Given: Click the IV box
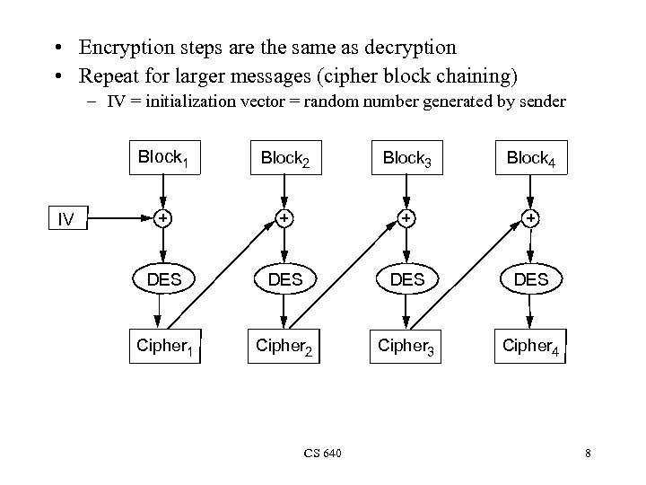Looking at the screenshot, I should [x=65, y=218].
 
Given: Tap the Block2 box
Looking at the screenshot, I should [x=284, y=158].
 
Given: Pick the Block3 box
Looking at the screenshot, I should [x=406, y=158].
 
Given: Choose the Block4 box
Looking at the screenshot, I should [x=530, y=158].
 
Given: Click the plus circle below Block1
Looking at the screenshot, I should [x=162, y=217].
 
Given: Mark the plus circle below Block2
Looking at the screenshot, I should [x=284, y=217].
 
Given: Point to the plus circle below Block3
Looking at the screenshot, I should [x=406, y=217].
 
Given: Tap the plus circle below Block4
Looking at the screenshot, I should [x=530, y=217].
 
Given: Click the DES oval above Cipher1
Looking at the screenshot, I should [x=163, y=279].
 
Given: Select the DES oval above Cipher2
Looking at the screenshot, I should [x=285, y=279].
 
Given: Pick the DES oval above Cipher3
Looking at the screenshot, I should [x=407, y=279].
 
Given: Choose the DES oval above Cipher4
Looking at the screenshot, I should [x=530, y=279].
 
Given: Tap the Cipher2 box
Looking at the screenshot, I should [x=285, y=345].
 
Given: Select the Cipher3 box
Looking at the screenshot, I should [x=407, y=345].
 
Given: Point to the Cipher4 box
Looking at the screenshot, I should [x=530, y=345].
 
